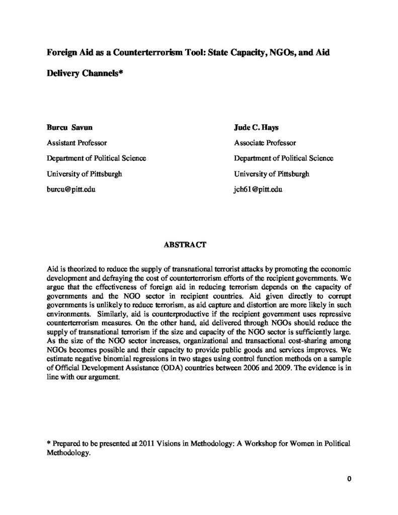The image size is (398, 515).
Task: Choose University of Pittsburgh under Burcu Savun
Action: pos(85,174)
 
